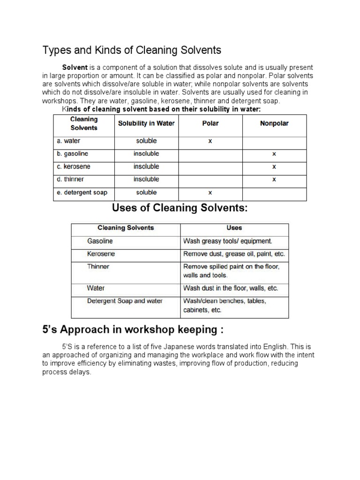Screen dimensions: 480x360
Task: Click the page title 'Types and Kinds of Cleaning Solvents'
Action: pos(132,50)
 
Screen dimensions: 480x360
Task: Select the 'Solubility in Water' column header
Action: pos(146,124)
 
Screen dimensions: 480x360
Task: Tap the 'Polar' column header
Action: pos(210,124)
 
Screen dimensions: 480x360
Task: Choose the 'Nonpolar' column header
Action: pos(274,124)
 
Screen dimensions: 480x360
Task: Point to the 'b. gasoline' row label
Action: pos(73,154)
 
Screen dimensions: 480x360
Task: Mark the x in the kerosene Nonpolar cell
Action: pos(274,167)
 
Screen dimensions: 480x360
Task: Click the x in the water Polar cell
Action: pos(210,141)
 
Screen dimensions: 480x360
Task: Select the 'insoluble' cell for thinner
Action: pos(146,180)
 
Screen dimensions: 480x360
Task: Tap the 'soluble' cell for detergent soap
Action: pos(146,193)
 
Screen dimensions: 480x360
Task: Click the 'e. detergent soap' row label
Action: pos(82,193)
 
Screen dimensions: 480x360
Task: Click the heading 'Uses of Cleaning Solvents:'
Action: pos(180,208)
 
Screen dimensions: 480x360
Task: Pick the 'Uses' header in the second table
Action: pos(234,228)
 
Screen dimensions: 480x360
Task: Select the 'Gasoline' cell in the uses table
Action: pos(100,241)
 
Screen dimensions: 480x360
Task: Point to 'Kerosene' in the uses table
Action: pos(101,254)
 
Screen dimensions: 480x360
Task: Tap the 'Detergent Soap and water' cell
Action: pos(125,301)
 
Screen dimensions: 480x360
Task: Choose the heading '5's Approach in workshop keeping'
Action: pos(133,330)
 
